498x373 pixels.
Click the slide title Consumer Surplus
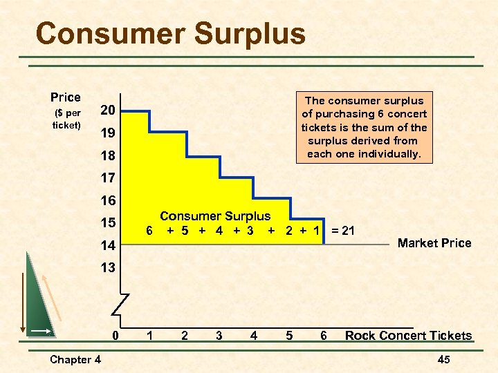[170, 33]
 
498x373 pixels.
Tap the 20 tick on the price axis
[107, 111]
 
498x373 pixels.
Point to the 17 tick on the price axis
[107, 178]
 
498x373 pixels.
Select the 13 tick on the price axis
[107, 267]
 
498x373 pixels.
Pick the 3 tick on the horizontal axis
[219, 336]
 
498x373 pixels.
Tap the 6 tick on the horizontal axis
[323, 336]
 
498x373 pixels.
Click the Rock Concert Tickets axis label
[408, 336]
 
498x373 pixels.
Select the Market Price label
[434, 243]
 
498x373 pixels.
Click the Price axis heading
[66, 97]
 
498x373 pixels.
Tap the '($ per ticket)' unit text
[66, 119]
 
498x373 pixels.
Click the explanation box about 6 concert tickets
[364, 126]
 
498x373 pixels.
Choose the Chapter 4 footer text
[75, 359]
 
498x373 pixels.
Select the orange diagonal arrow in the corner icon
[53, 297]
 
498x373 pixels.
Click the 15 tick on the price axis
[107, 222]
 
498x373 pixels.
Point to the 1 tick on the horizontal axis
[149, 336]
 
